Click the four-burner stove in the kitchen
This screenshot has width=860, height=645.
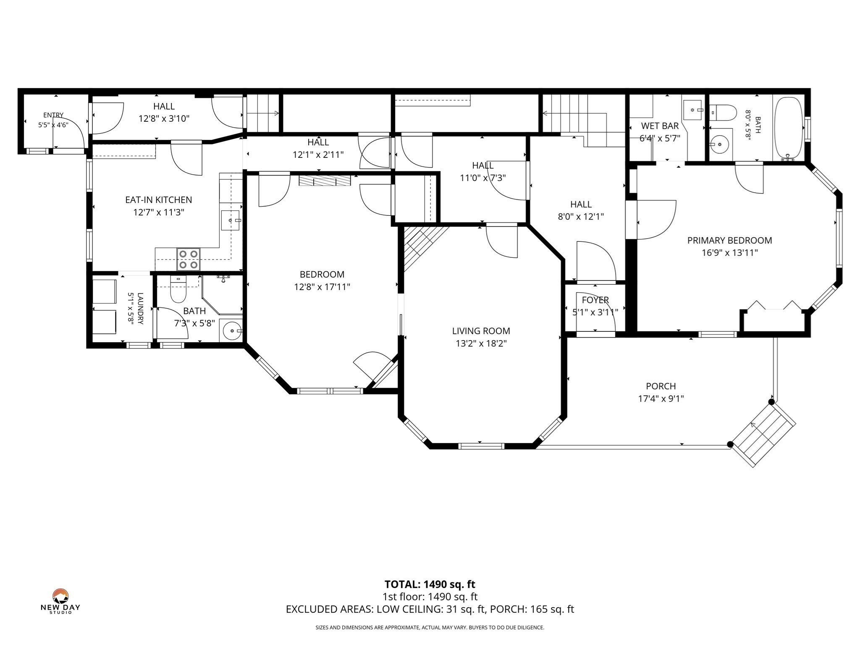click(x=188, y=259)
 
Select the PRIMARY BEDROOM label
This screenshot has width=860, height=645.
click(x=729, y=241)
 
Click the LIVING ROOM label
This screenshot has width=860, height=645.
click(x=481, y=331)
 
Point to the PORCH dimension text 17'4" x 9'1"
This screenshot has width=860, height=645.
click(x=661, y=399)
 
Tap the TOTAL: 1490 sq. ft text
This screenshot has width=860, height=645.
click(x=430, y=584)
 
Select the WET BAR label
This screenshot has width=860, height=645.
click(x=660, y=126)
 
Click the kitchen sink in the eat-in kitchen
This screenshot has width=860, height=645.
click(x=231, y=220)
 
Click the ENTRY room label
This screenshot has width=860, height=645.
click(x=53, y=115)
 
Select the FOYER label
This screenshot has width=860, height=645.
click(x=595, y=300)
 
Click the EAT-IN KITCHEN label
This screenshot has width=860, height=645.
click(x=159, y=200)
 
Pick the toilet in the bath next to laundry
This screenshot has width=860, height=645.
click(x=178, y=288)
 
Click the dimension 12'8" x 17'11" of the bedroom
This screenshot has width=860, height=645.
click(x=322, y=287)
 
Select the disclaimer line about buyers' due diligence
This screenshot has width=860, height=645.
click(x=430, y=628)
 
